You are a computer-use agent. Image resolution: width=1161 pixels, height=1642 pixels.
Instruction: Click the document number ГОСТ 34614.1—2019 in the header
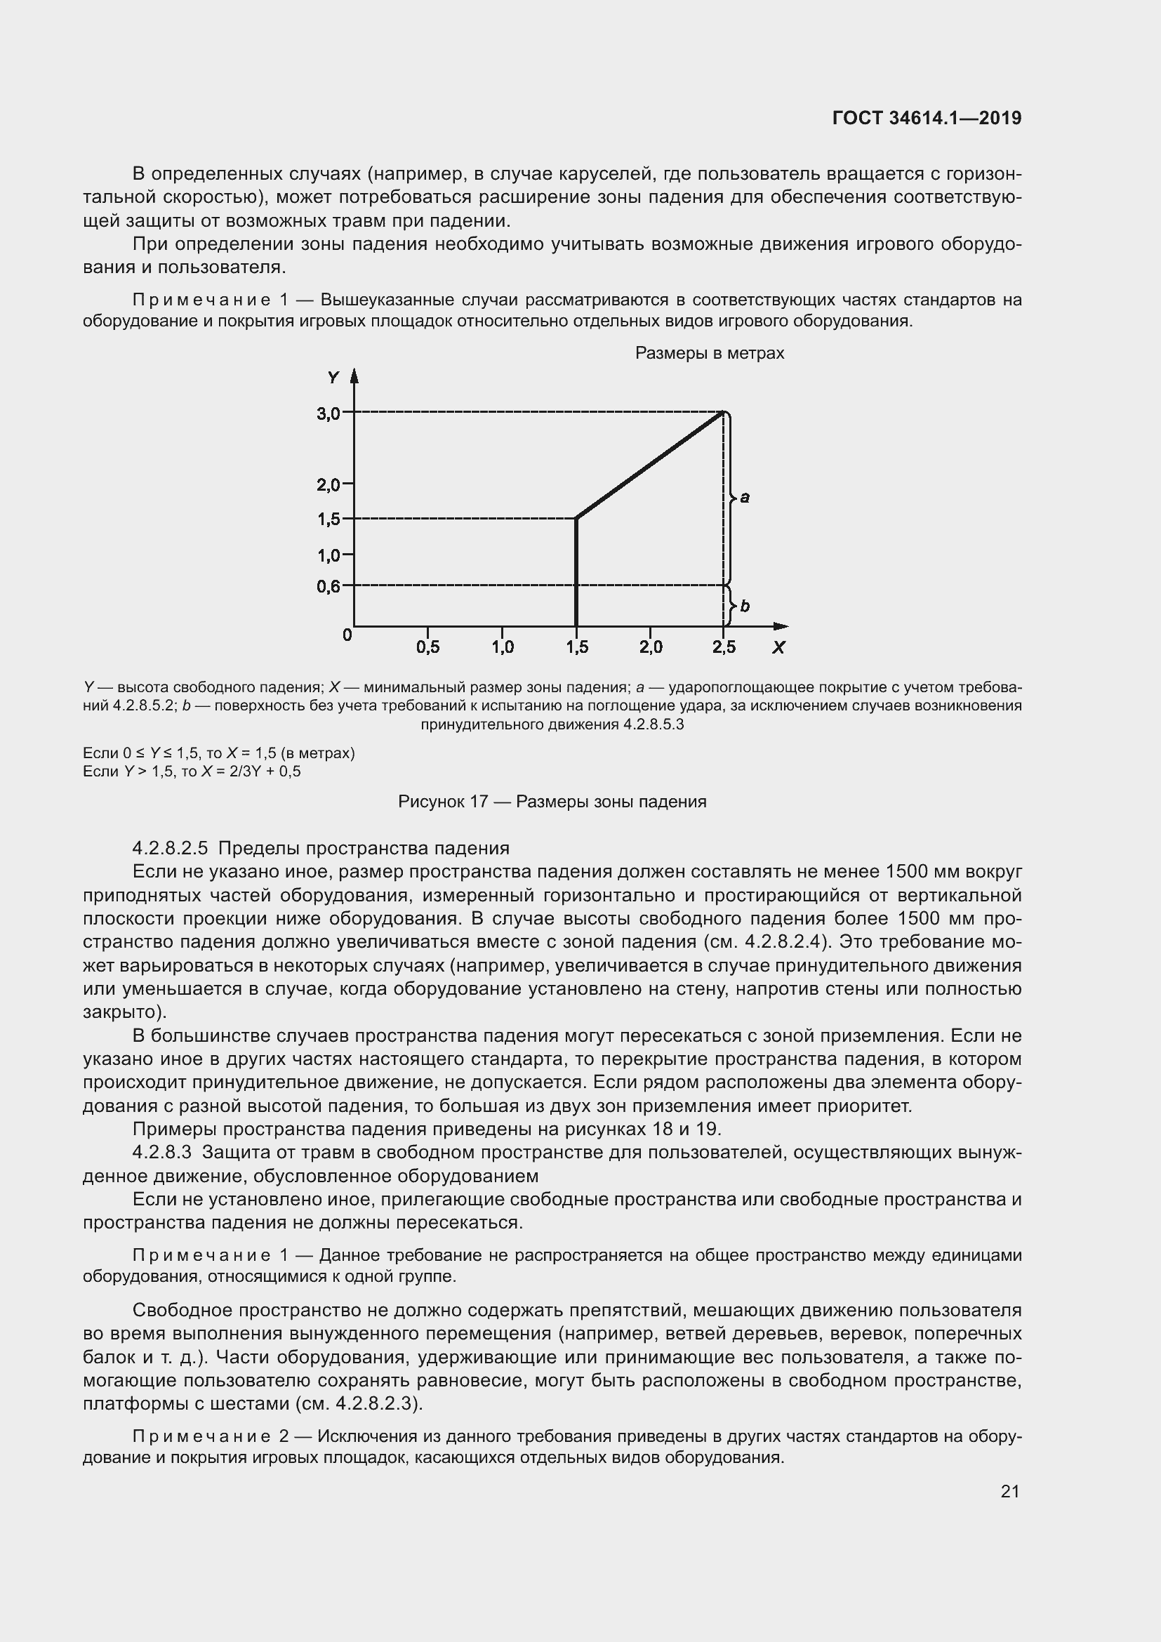[x=927, y=118]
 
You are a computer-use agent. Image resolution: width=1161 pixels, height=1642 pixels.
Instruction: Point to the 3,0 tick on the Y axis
[x=329, y=413]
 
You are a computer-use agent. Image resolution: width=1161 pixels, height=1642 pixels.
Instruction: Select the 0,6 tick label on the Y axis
[x=329, y=586]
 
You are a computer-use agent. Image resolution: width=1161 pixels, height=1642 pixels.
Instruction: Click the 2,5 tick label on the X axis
[x=724, y=647]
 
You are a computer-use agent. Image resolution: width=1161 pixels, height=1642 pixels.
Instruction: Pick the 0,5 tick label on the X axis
[x=427, y=647]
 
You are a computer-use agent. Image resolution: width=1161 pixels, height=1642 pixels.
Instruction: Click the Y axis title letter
[x=333, y=378]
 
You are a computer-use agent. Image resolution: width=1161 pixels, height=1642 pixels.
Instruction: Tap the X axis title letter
[x=778, y=647]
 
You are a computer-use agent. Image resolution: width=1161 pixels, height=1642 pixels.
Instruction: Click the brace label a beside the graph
[x=745, y=497]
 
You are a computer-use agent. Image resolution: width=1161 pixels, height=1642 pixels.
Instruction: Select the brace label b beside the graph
[x=745, y=606]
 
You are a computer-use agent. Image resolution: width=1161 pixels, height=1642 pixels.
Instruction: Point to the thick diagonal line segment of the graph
[x=651, y=465]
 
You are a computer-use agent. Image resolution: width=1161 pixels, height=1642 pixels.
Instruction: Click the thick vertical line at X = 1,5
[x=576, y=572]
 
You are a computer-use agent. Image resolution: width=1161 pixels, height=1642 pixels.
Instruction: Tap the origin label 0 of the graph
[x=347, y=635]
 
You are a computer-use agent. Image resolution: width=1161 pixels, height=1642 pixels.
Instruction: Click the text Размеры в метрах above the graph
[x=709, y=353]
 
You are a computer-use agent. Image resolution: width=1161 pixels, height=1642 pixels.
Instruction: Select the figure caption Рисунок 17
[x=442, y=802]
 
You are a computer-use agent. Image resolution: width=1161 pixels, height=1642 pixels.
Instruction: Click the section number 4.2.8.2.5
[x=170, y=848]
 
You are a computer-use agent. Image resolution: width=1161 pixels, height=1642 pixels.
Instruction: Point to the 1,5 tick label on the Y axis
[x=329, y=519]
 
